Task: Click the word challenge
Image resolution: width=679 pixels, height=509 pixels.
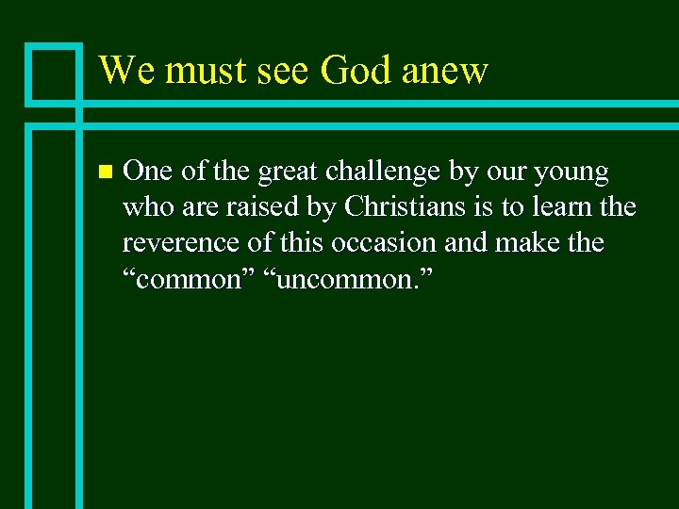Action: coord(380,173)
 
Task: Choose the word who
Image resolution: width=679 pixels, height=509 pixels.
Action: coord(146,206)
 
